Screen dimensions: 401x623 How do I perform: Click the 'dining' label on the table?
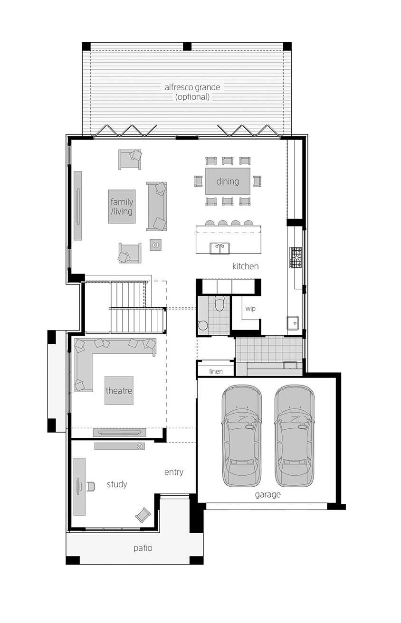228,181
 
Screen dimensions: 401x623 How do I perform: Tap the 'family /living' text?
122,207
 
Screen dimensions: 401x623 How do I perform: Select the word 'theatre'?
119,390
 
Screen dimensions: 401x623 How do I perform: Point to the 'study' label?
116,484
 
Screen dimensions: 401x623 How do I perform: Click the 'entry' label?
173,472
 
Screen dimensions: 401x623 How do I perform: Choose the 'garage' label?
267,494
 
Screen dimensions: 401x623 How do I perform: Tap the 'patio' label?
143,548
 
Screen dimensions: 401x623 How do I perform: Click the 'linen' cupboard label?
216,371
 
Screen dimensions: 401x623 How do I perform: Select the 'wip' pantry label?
250,309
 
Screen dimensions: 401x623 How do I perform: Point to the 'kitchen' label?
245,266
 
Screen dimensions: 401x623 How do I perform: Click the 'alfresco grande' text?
192,87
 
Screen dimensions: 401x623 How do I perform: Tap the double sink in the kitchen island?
220,248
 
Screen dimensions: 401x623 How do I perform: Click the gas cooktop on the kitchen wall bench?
296,257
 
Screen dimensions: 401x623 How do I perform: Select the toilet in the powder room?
220,303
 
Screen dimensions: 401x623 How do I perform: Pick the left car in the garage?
241,436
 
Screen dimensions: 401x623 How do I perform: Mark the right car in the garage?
295,436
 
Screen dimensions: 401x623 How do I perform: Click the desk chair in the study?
91,486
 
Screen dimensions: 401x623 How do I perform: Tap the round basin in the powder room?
203,325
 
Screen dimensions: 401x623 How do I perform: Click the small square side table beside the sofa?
155,245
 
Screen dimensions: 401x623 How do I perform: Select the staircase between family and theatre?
138,307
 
